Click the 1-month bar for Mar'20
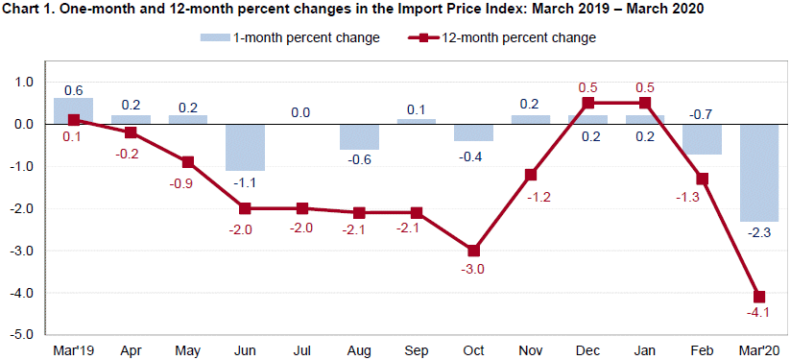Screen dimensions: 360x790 pyautogui.click(x=758, y=173)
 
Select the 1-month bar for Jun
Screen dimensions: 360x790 pyautogui.click(x=245, y=147)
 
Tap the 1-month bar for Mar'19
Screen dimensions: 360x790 pyautogui.click(x=73, y=110)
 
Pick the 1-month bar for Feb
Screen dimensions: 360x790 pyautogui.click(x=702, y=139)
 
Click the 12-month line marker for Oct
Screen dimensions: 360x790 pyautogui.click(x=473, y=251)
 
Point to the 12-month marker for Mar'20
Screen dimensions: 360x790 pyautogui.click(x=758, y=297)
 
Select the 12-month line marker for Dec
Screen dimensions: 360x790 pyautogui.click(x=587, y=103)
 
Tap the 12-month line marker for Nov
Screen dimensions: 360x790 pyautogui.click(x=530, y=175)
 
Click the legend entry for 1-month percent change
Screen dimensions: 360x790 pyautogui.click(x=288, y=38)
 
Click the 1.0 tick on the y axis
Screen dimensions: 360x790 pyautogui.click(x=23, y=83)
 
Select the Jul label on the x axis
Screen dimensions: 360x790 pyautogui.click(x=301, y=350)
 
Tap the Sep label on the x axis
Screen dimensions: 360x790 pyautogui.click(x=416, y=350)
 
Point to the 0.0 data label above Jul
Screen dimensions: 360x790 pyautogui.click(x=301, y=112)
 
